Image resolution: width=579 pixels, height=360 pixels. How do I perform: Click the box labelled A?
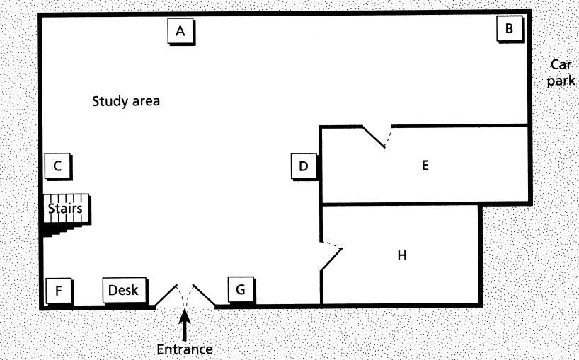pos(180,31)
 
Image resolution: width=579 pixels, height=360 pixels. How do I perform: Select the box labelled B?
pos(509,30)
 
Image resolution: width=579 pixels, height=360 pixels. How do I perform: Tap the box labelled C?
pos(58,167)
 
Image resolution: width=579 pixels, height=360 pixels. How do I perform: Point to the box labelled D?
pos(304,167)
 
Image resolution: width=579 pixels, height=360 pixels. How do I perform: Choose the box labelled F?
pos(59,290)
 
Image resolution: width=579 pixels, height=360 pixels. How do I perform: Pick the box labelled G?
pos(241,290)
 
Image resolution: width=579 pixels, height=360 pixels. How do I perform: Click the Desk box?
pos(124,290)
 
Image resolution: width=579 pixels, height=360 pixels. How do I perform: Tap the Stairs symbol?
pos(65,215)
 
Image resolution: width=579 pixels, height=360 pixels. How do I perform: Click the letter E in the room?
pos(425,166)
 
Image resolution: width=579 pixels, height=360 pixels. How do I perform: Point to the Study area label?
pos(126,101)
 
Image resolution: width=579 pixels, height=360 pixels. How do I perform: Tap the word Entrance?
pos(185,348)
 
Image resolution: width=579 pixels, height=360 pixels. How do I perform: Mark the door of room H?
pos(331,257)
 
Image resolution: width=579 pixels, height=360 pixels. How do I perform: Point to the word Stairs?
pos(65,209)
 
